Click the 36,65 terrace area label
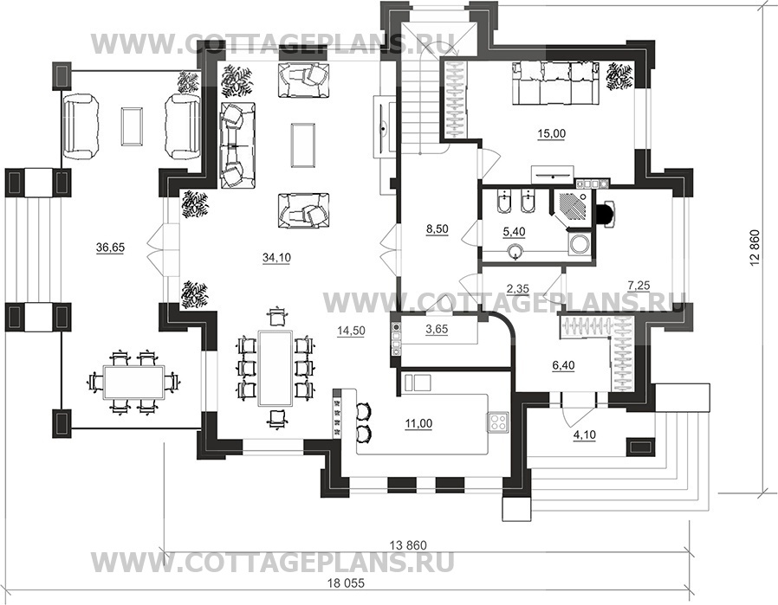pos(110,248)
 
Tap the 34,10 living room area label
pos(276,257)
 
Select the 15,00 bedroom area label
pos(552,133)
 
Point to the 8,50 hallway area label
pos(438,228)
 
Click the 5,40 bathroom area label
pos(514,231)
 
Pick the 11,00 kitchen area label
pos(418,423)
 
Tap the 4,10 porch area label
pos(585,435)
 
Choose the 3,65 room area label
pos(437,329)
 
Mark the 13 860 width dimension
pos(408,545)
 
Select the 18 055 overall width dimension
pos(346,583)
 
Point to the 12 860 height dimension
pos(755,248)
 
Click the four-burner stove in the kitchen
pos(498,422)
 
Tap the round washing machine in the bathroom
pos(579,244)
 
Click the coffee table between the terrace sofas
pos(132,126)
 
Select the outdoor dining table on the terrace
pos(134,382)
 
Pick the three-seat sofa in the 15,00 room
pos(555,83)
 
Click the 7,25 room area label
pos(639,285)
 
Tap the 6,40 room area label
pos(563,365)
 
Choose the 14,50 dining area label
pos(351,331)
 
